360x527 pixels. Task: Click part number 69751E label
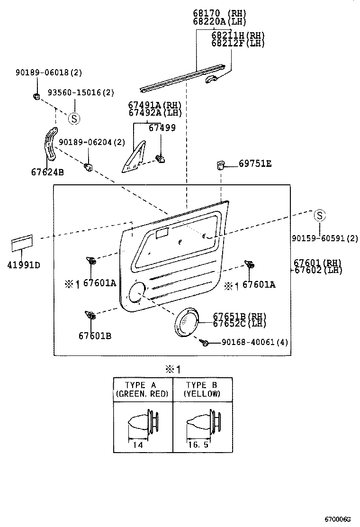tap(255, 164)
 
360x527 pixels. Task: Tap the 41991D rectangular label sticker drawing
tap(22, 244)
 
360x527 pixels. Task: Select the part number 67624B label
tap(47, 172)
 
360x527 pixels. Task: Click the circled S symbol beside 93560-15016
tap(74, 118)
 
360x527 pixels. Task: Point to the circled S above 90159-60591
tap(320, 216)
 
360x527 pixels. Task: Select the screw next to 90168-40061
tap(205, 342)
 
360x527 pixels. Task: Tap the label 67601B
tap(95, 336)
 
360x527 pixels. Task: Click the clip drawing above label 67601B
tap(90, 315)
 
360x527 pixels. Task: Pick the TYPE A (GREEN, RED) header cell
tap(143, 390)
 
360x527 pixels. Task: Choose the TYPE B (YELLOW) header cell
tap(203, 390)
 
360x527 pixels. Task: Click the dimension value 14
tap(137, 445)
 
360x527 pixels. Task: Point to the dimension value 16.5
tap(198, 445)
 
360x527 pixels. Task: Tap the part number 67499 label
tap(162, 127)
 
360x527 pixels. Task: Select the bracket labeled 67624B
tap(48, 144)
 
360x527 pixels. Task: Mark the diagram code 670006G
tap(337, 519)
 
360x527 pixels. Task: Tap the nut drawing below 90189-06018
tap(36, 97)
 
